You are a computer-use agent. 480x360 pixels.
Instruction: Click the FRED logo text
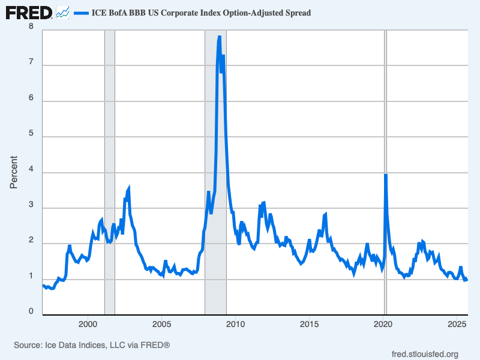pos(28,12)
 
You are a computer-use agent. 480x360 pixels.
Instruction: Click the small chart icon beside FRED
pos(62,12)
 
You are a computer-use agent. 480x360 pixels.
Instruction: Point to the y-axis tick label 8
pos(31,27)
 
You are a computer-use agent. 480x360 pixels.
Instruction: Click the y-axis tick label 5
pos(31,136)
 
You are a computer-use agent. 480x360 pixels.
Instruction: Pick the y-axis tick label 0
pos(31,312)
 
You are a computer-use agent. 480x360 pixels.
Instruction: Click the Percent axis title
pos(14,172)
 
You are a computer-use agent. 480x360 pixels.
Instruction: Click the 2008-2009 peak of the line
pos(220,37)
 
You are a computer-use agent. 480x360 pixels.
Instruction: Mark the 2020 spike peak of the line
pos(385,175)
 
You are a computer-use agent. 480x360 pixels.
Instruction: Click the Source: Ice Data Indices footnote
pos(92,345)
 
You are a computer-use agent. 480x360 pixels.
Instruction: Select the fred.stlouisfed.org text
pos(424,354)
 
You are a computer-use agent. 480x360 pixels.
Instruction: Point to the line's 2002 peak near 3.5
pos(128,189)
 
